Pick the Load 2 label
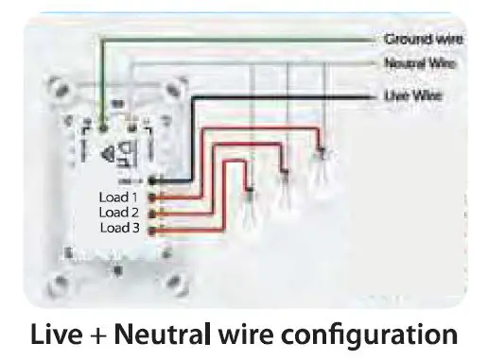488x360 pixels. coord(120,213)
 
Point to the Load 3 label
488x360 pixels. coord(120,228)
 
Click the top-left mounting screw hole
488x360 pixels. coord(58,88)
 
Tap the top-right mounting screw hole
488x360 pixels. coord(174,87)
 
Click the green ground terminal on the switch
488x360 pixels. coord(101,124)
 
